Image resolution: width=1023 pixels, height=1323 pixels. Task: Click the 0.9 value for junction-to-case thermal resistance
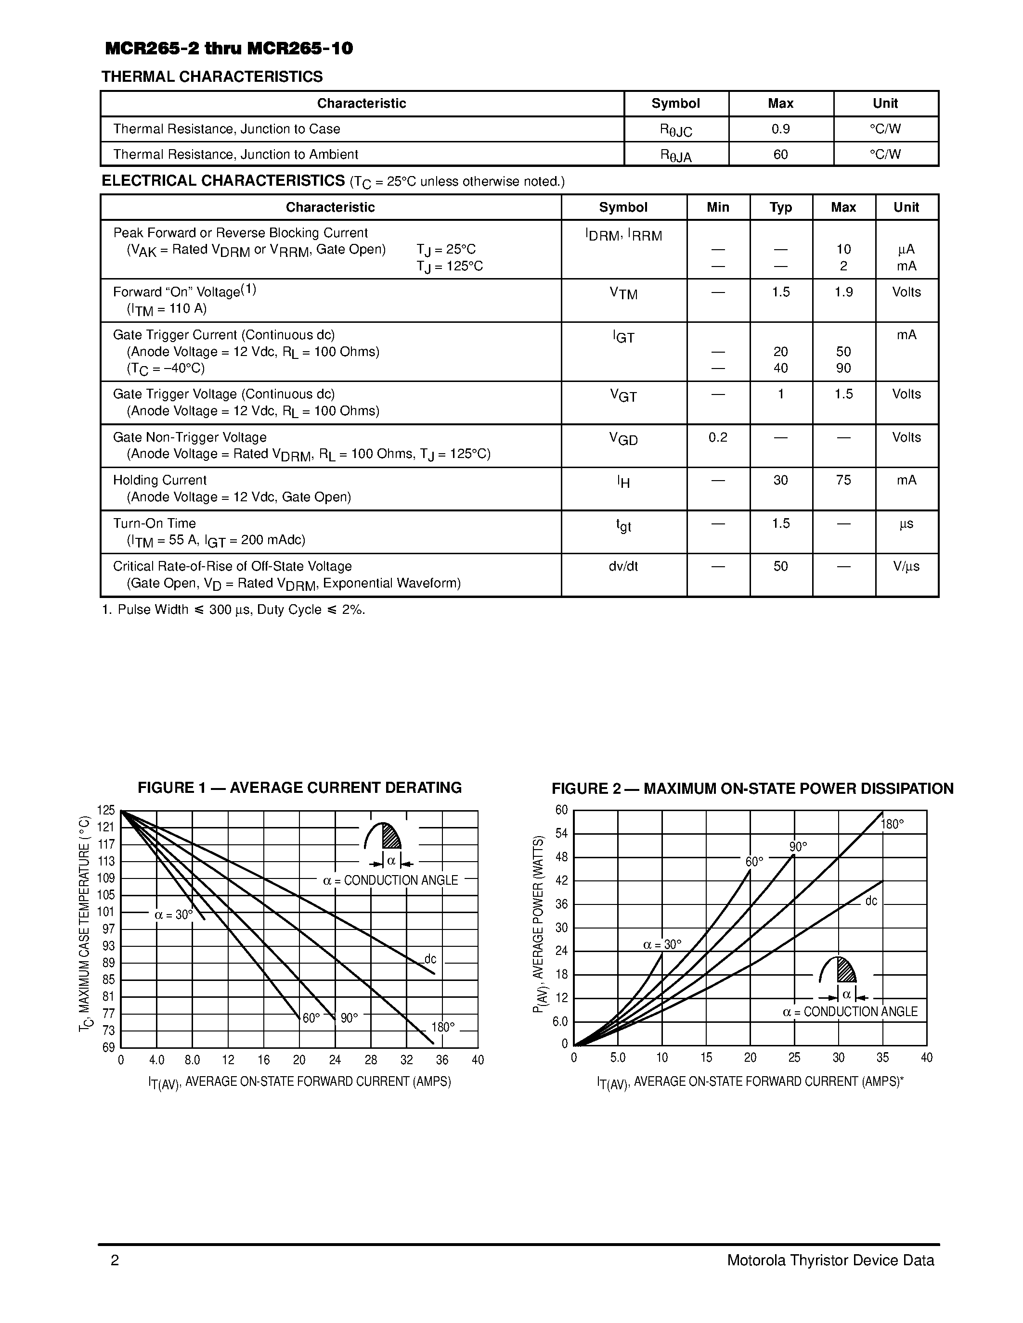(x=780, y=129)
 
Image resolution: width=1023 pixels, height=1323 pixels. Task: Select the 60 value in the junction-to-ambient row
(x=780, y=154)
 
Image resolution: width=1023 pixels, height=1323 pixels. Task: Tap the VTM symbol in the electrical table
(x=623, y=294)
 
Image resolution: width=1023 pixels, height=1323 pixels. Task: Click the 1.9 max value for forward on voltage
(x=843, y=292)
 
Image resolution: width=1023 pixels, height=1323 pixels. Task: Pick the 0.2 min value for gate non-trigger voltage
(x=718, y=437)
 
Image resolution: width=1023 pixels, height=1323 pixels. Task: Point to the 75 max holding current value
(x=843, y=481)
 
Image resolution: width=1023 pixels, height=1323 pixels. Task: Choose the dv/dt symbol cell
(x=623, y=566)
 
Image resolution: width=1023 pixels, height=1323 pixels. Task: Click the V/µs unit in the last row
(x=906, y=566)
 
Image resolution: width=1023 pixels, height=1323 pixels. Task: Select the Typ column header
(x=780, y=207)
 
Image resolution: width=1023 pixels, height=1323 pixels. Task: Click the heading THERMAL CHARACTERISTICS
(x=212, y=77)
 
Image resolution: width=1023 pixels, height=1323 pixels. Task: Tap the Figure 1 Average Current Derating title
(x=299, y=788)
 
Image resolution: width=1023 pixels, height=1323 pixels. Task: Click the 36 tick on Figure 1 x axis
(x=442, y=1060)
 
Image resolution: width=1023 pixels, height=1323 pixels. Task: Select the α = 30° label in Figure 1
(x=173, y=915)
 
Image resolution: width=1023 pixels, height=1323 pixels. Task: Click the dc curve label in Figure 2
(x=871, y=902)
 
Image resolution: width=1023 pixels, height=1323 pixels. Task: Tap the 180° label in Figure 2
(x=892, y=825)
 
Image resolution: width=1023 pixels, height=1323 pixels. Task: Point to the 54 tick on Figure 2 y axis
(x=562, y=834)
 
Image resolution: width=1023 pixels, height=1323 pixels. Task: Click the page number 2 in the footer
(x=115, y=1260)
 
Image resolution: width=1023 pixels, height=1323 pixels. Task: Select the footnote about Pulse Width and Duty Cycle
(x=233, y=610)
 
